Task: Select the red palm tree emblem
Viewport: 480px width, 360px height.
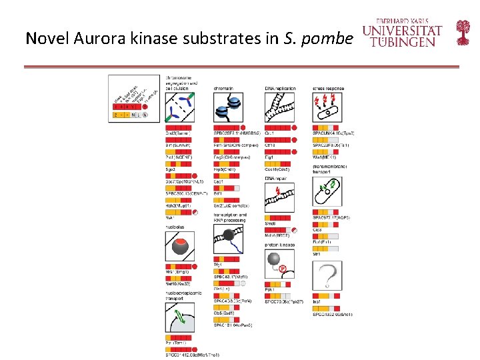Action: (462, 32)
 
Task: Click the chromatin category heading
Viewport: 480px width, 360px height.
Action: (224, 88)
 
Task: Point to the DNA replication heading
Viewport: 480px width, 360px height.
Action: (279, 88)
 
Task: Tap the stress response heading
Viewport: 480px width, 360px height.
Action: (329, 88)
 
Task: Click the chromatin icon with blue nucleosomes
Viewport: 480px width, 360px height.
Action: (228, 107)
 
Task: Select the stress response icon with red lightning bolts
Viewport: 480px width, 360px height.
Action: (327, 107)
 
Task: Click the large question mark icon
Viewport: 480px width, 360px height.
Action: (327, 275)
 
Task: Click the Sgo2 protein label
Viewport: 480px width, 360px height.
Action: (171, 170)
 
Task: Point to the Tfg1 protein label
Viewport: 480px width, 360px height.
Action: (217, 265)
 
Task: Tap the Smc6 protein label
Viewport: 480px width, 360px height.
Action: (270, 224)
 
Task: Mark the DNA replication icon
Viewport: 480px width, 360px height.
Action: (279, 107)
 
